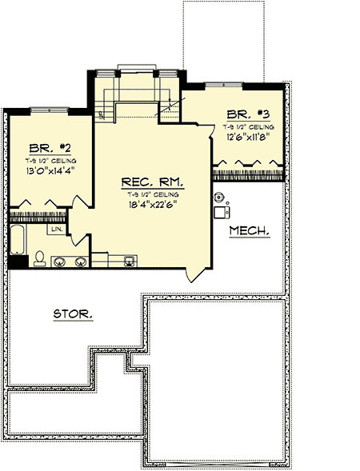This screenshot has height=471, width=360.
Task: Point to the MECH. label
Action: tap(249, 231)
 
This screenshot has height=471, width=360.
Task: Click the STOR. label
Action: tap(72, 313)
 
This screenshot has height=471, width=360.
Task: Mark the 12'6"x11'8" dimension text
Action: tap(249, 136)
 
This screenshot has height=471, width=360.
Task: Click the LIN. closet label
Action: tap(58, 230)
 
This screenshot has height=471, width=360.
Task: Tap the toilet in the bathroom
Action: tap(39, 258)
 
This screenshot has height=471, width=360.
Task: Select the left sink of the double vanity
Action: tap(58, 261)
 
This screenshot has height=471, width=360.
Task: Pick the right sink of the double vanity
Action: tap(80, 261)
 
